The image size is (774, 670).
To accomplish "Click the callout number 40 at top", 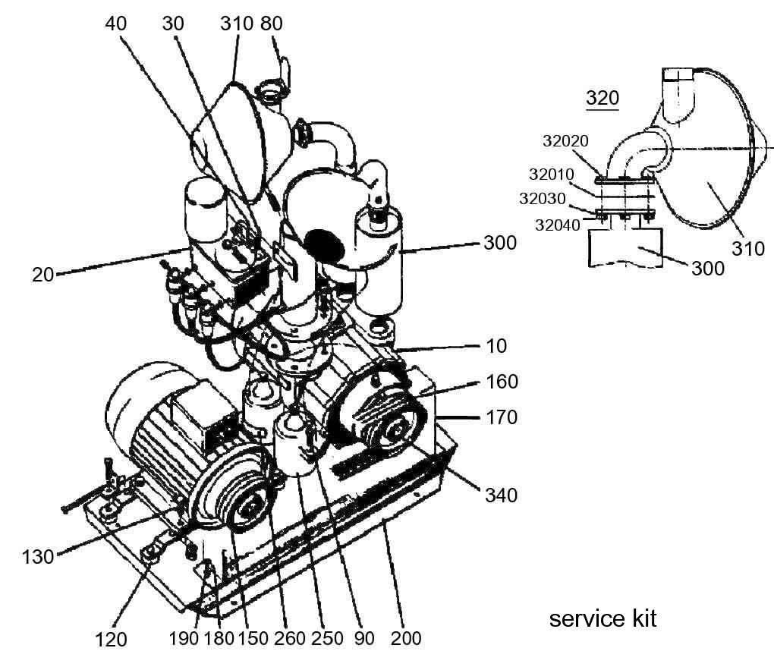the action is [x=115, y=24].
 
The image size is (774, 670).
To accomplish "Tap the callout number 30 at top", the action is [x=173, y=24].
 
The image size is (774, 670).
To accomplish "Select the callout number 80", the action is [x=271, y=24].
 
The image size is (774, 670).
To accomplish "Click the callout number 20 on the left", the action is [x=43, y=275].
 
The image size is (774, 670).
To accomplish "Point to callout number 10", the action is [x=496, y=346].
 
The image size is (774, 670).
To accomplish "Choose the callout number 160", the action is [x=502, y=382].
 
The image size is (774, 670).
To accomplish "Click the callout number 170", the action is [x=502, y=417].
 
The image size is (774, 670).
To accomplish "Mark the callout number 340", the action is [x=501, y=495].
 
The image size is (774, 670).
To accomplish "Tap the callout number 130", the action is [x=37, y=557].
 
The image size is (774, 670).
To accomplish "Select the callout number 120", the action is [x=111, y=640].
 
